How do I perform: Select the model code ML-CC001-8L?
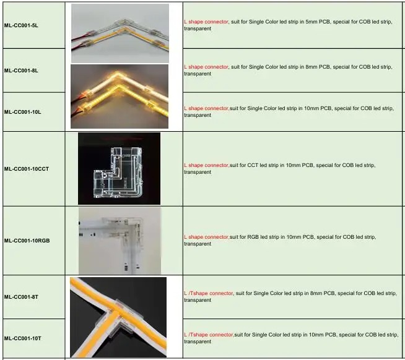(21, 71)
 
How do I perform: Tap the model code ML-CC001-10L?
(22, 112)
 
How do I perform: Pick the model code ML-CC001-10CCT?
(26, 169)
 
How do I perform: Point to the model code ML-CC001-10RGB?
(27, 240)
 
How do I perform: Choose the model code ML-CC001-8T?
(21, 297)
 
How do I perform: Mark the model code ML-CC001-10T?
(22, 338)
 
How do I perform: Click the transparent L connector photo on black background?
(119, 168)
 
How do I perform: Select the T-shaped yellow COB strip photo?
(118, 317)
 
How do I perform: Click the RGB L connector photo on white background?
(120, 241)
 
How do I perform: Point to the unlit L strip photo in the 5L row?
(120, 32)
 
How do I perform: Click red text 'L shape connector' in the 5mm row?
(206, 22)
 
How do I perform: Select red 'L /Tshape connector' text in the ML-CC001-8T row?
(208, 293)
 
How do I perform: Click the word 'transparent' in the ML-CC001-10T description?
(198, 341)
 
